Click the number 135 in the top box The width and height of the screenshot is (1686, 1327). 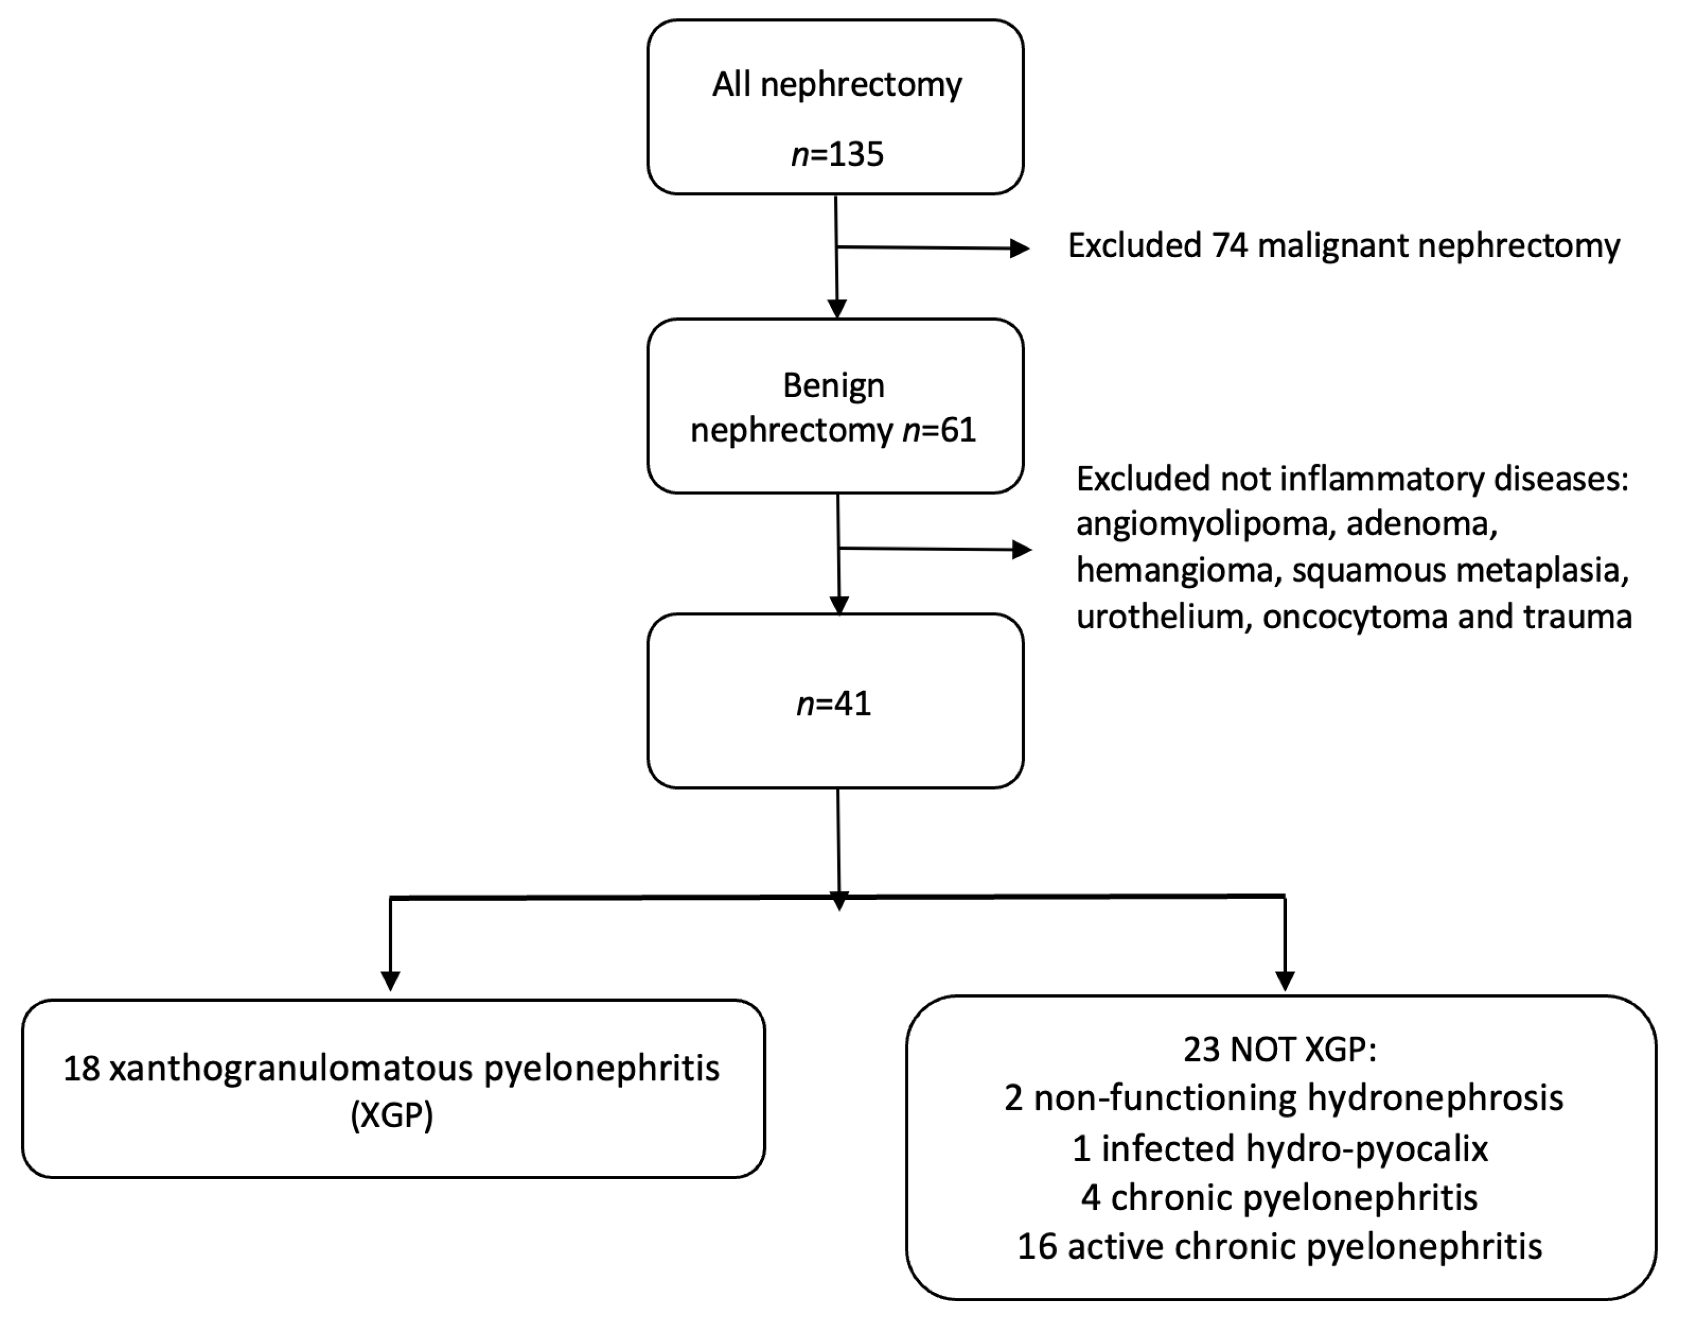[x=856, y=154]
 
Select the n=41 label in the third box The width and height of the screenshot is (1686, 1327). [x=834, y=704]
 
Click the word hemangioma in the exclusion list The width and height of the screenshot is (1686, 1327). [x=1175, y=570]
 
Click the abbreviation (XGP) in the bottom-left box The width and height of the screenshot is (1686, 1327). [x=391, y=1116]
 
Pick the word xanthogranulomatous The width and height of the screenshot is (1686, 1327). [x=291, y=1069]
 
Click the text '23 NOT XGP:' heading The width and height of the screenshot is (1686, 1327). [x=1279, y=1050]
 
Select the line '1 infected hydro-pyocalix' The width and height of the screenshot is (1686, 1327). [x=1279, y=1148]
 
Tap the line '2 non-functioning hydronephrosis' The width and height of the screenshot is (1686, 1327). [x=1283, y=1099]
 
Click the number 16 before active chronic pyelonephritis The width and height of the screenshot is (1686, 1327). [x=1037, y=1246]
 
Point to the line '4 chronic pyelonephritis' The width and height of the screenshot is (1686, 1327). [x=1279, y=1197]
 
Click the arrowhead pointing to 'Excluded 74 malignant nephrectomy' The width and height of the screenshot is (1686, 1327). [x=1019, y=249]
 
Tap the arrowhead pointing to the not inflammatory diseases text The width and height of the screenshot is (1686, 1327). [x=1022, y=550]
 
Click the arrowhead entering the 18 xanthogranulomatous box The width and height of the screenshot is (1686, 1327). [x=391, y=980]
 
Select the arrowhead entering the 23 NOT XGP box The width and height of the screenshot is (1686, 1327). [x=1285, y=980]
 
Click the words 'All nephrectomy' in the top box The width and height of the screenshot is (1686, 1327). [x=837, y=85]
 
